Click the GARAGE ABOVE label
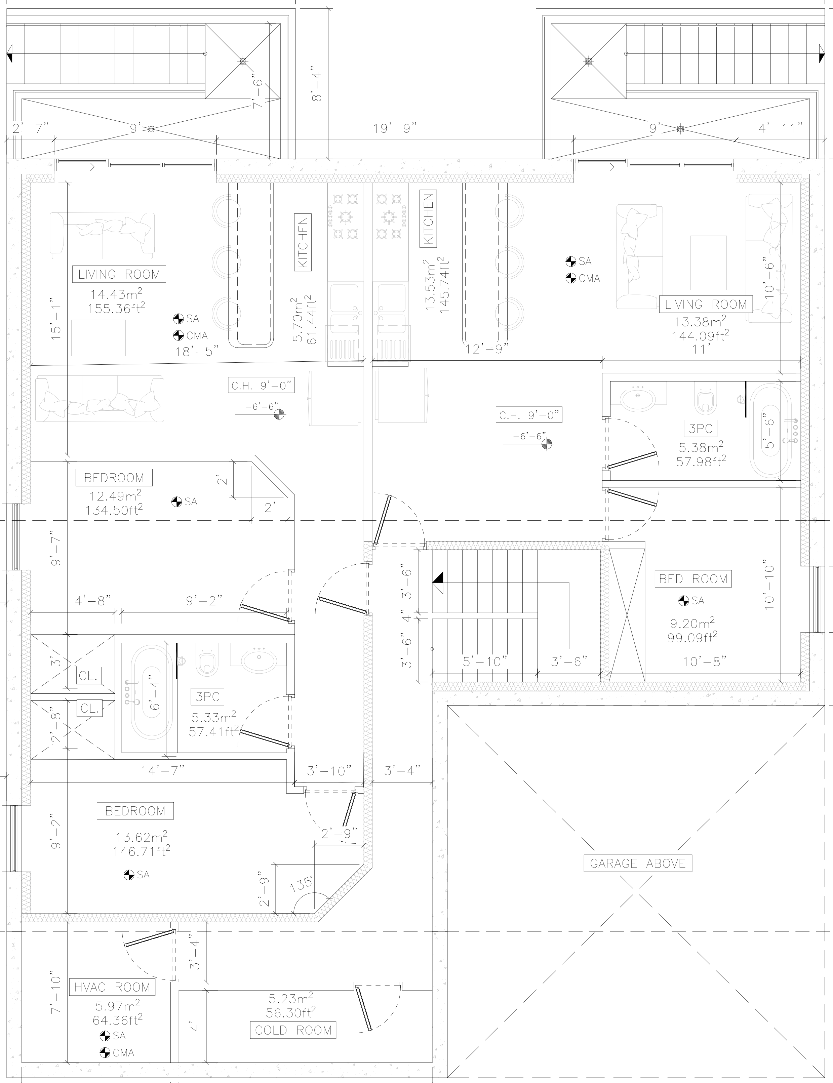click(638, 864)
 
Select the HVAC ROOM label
click(112, 987)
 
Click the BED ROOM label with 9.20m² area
click(693, 579)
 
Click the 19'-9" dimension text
click(395, 129)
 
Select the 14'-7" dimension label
click(163, 770)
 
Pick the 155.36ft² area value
click(117, 309)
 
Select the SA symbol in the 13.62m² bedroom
click(129, 875)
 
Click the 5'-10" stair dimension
click(485, 662)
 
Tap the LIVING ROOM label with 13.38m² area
click(706, 304)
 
